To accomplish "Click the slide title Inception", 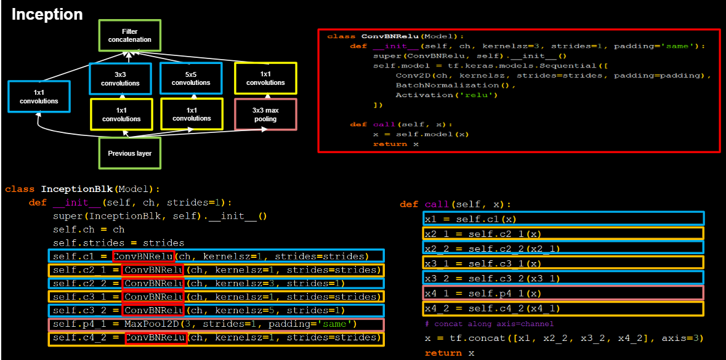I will coord(47,14).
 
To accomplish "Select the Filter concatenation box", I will coord(130,35).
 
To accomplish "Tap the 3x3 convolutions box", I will coord(121,78).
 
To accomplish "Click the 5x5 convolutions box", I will coord(190,78).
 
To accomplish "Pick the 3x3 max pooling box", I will coord(265,114).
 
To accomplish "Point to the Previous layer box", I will coord(130,153).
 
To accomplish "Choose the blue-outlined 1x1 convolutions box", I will coord(38,97).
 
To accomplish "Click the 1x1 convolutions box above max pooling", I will coord(265,78).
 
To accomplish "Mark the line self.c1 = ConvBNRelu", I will coord(216,256).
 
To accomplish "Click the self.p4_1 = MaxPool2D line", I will coord(216,324).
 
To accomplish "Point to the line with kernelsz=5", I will coord(216,310).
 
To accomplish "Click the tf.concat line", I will coord(563,338).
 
